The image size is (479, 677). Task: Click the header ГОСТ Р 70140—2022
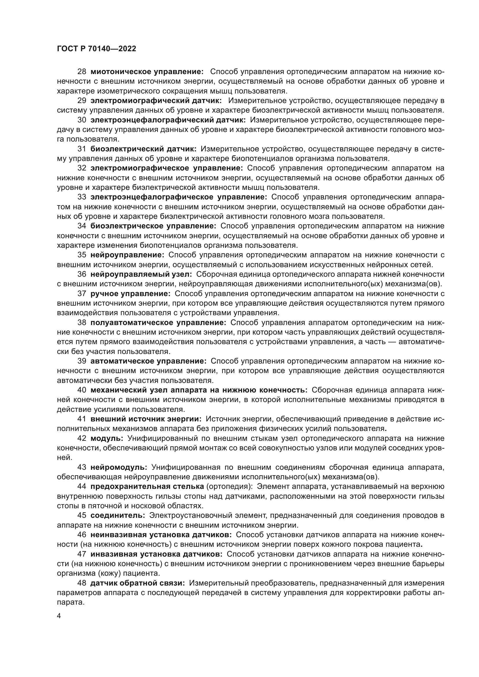(96, 49)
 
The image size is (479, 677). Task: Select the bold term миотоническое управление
(147, 72)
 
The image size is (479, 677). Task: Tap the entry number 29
(82, 100)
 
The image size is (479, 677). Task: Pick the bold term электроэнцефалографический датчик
(168, 120)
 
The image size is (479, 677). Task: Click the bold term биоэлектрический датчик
(143, 149)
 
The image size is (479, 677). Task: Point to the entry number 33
(82, 197)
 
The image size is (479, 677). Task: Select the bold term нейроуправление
(127, 255)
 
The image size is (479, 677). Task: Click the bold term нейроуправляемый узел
(141, 274)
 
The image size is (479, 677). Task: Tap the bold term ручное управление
(130, 293)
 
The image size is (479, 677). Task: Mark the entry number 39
(82, 361)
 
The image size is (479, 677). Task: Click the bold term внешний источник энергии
(146, 419)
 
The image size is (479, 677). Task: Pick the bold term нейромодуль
(119, 467)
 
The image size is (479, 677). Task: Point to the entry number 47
(82, 554)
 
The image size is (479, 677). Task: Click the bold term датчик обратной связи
(138, 583)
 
